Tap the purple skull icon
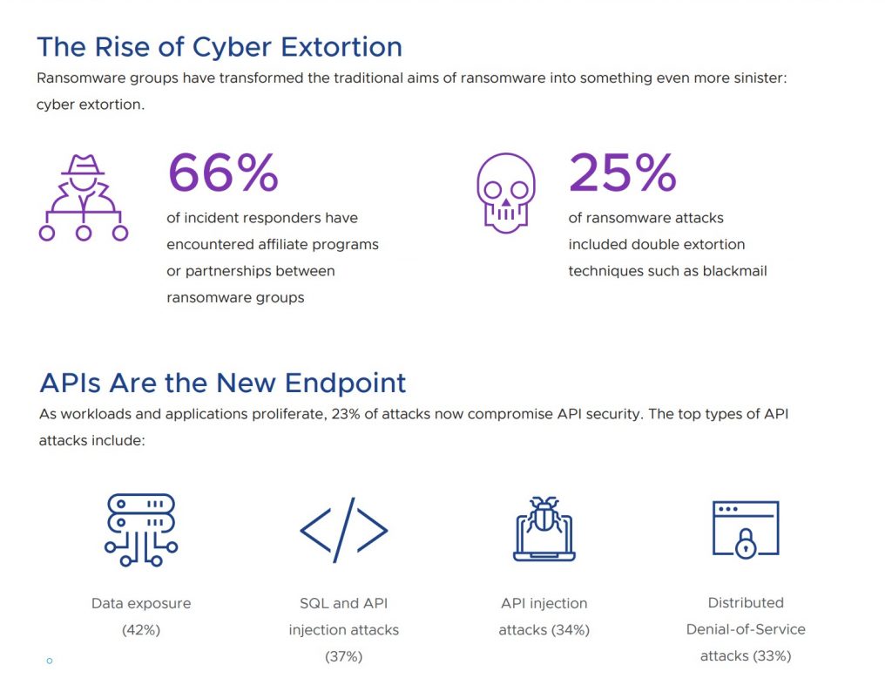(506, 193)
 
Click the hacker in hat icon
(84, 197)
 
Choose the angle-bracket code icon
(343, 529)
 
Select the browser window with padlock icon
(745, 529)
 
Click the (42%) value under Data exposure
(141, 630)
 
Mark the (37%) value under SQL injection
(343, 656)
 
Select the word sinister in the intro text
(750, 78)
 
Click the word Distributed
(746, 602)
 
